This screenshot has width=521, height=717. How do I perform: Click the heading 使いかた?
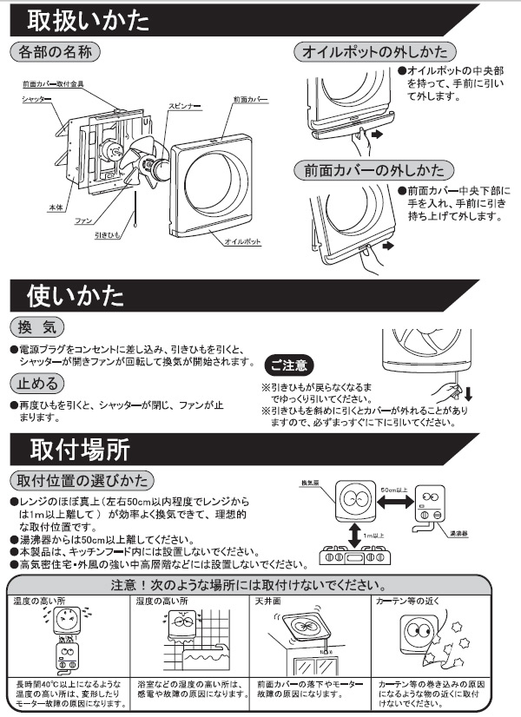[x=76, y=295]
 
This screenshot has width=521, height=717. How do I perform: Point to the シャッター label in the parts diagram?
[x=36, y=100]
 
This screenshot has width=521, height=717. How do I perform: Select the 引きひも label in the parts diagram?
[x=109, y=234]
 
